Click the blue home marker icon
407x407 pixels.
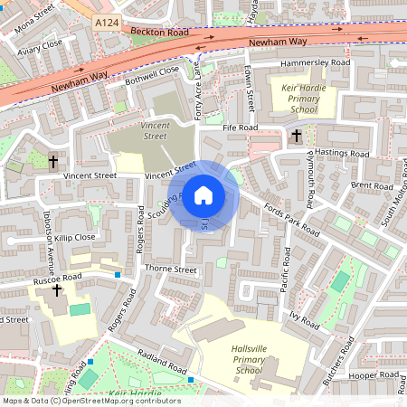[x=203, y=194]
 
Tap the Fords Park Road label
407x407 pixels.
[x=291, y=218]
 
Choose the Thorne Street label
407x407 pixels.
[x=170, y=270]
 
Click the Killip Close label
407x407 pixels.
[x=74, y=237]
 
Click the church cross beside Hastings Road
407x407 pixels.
[x=296, y=136]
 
